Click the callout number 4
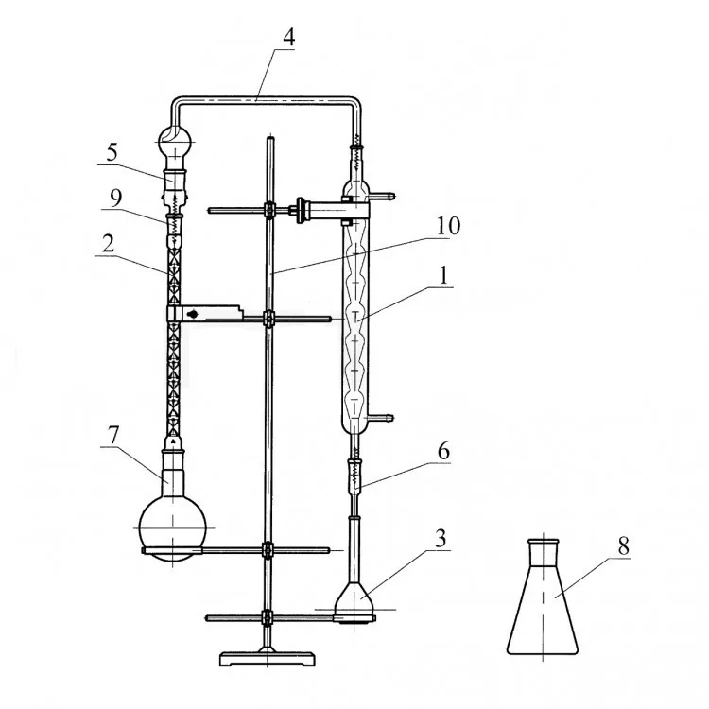289,37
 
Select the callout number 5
112,152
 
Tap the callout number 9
115,198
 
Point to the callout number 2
109,244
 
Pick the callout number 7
113,435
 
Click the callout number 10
448,226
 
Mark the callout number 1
444,274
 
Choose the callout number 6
443,451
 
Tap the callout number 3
441,538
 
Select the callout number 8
624,546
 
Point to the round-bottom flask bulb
172,528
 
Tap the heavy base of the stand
268,657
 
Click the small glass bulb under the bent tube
174,141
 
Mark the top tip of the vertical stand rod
270,137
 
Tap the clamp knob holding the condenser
300,210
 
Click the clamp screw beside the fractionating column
192,314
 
